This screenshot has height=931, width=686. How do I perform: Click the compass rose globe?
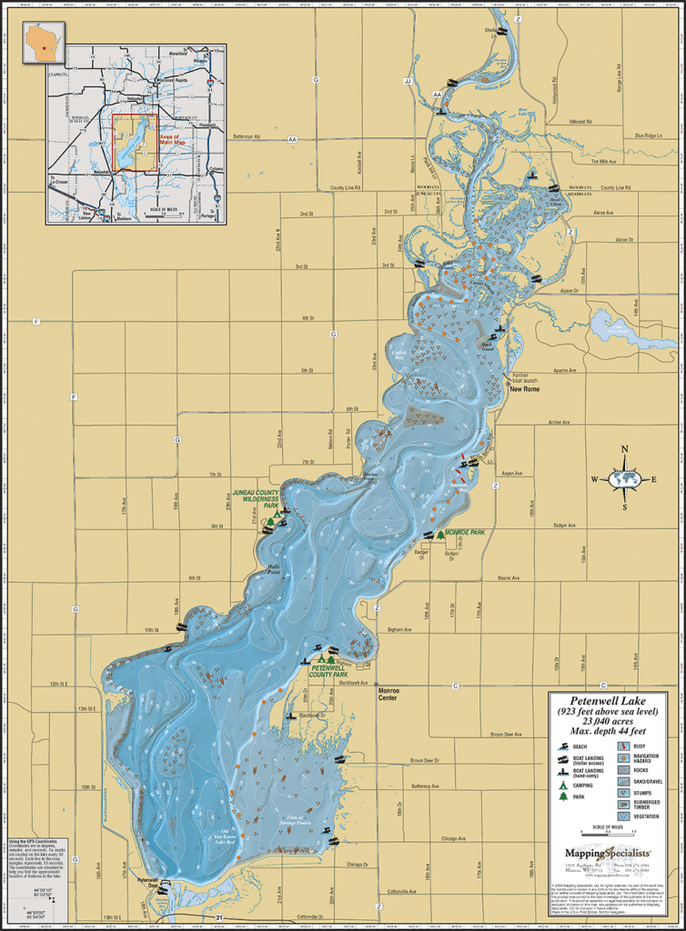click(624, 478)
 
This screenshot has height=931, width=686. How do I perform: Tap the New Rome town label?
click(526, 388)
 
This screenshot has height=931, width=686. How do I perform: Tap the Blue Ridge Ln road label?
click(649, 135)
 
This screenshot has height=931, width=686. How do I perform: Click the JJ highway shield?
click(408, 81)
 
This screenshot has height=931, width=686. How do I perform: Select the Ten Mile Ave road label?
click(604, 162)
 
